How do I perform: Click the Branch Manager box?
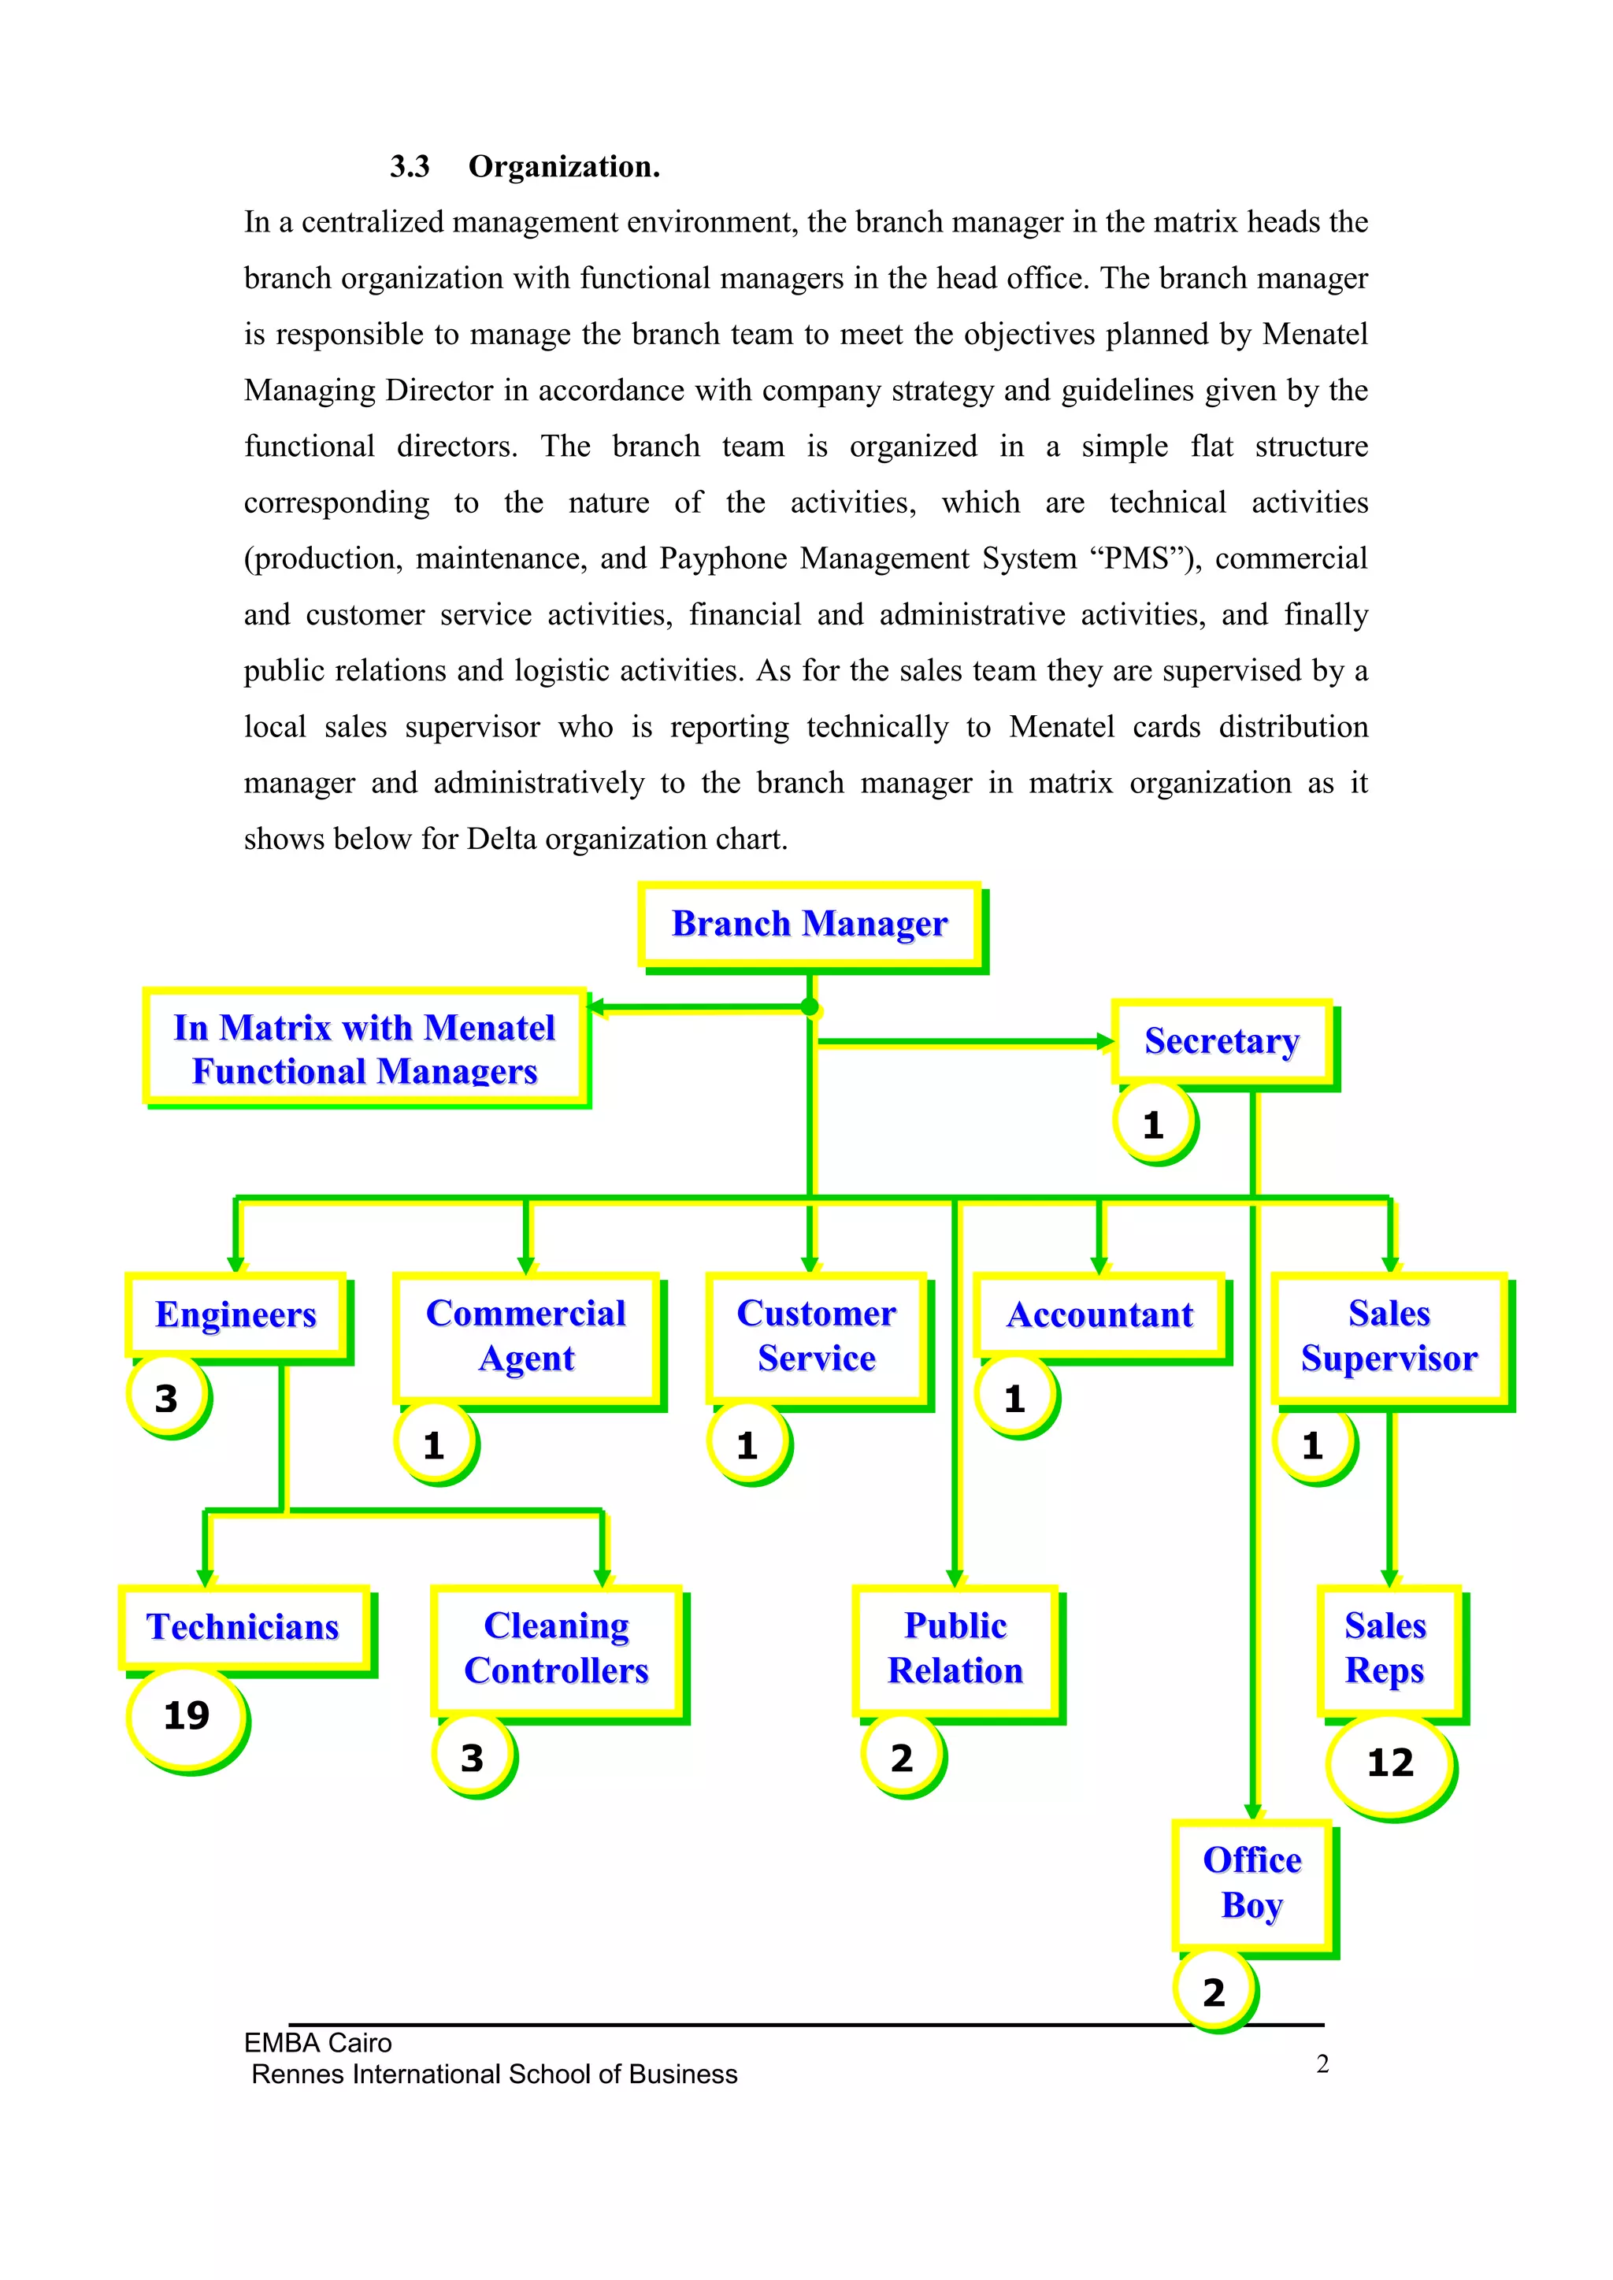[810, 924]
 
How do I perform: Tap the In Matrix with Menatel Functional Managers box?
[365, 1047]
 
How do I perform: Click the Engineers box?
[236, 1314]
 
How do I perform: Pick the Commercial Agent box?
[526, 1336]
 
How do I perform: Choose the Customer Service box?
[817, 1336]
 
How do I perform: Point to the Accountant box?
[1099, 1314]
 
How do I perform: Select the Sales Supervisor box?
[1389, 1336]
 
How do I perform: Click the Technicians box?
[243, 1626]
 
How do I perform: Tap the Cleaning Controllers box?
[556, 1648]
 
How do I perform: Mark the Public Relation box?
[955, 1648]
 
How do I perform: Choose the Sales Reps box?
[1386, 1648]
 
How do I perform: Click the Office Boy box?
[1252, 1883]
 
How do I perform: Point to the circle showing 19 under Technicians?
[186, 1716]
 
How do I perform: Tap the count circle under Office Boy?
[1214, 1992]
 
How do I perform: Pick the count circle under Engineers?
[167, 1398]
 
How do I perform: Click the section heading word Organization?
[564, 167]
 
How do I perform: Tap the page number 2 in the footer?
[1322, 2063]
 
